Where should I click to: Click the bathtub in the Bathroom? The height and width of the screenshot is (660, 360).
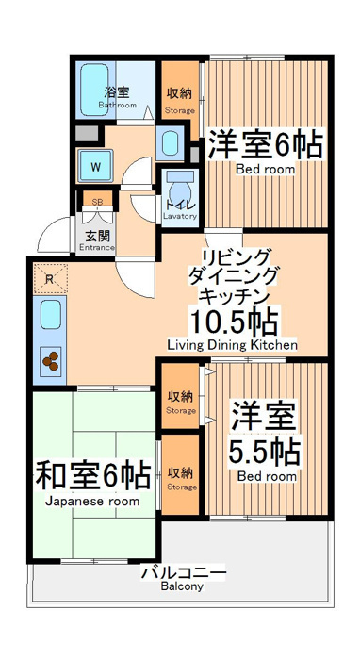pos(94,90)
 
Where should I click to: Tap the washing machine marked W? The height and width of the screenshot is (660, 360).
pos(95,166)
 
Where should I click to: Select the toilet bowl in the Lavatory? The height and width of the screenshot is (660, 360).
pos(179,188)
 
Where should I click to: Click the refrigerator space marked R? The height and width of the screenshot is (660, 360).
pos(50,279)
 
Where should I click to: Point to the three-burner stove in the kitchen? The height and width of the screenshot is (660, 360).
pos(51,361)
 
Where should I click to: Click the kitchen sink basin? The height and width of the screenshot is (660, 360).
pos(51,314)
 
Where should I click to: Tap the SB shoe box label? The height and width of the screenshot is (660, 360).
pos(97,202)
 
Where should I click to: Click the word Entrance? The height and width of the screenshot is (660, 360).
pos(97,247)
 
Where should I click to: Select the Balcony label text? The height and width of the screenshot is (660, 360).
pos(182,586)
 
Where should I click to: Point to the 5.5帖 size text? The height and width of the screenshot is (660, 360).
pos(264,453)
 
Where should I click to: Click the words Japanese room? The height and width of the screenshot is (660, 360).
pos(92,502)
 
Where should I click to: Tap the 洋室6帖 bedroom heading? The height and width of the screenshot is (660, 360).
pos(266,145)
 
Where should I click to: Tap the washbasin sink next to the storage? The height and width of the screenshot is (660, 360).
pos(171,143)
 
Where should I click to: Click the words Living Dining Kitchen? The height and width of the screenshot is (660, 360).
pos(233,345)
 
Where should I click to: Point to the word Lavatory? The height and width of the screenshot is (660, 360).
pos(180,216)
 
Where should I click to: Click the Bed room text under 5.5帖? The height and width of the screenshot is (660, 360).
pos(267,476)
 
